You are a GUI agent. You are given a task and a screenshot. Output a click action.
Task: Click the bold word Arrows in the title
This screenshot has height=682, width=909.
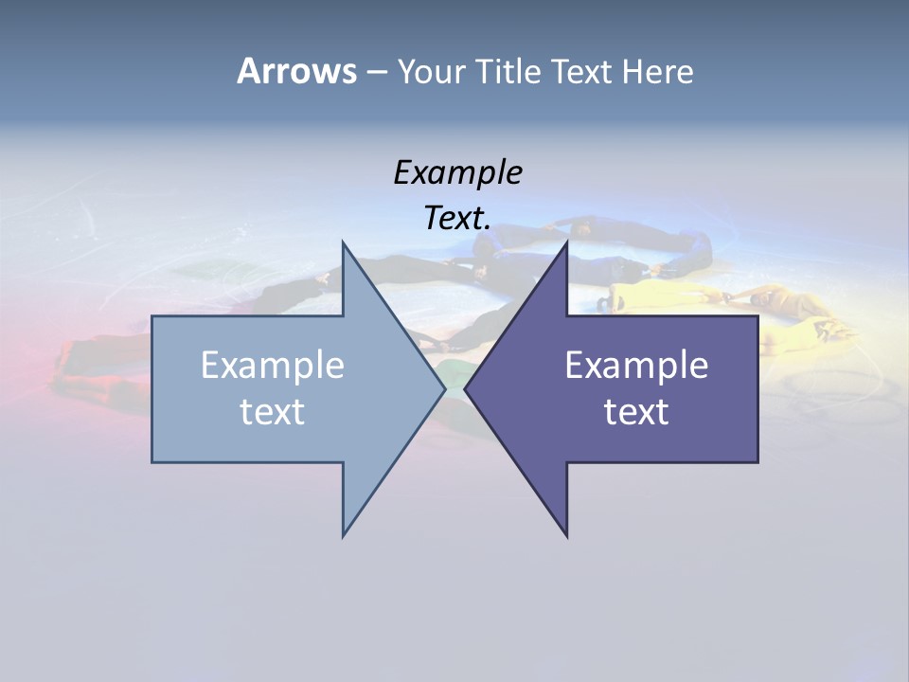[x=296, y=71]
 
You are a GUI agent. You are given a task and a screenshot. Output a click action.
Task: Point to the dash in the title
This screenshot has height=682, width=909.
[x=376, y=72]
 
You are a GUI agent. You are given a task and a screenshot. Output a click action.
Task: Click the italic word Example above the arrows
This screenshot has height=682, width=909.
[x=457, y=172]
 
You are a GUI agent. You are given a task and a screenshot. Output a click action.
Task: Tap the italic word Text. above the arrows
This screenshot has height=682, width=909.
[x=457, y=218]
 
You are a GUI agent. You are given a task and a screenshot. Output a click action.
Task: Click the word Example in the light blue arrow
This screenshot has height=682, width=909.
[x=273, y=366]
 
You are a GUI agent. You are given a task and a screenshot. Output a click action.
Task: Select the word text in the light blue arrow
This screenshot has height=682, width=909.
[x=273, y=412]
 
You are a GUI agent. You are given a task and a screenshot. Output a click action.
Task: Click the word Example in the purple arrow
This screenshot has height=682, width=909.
[x=636, y=366]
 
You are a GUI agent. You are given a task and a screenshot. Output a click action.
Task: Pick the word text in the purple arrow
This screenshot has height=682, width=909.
[x=636, y=412]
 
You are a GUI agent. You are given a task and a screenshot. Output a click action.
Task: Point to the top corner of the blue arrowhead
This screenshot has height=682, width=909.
[x=344, y=243]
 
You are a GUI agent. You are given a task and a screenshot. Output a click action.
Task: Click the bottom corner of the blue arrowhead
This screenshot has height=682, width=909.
[x=344, y=534]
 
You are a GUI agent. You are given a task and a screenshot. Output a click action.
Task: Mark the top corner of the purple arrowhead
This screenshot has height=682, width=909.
[x=566, y=243]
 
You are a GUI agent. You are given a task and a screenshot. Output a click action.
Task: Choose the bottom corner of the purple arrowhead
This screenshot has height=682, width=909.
[x=566, y=535]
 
